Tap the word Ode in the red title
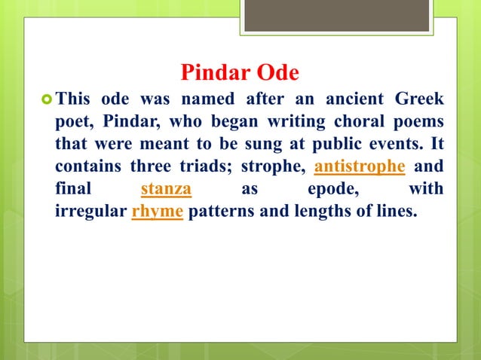[277, 73]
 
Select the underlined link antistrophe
[358, 166]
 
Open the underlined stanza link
[166, 188]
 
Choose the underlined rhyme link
[158, 211]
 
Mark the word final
[74, 188]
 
